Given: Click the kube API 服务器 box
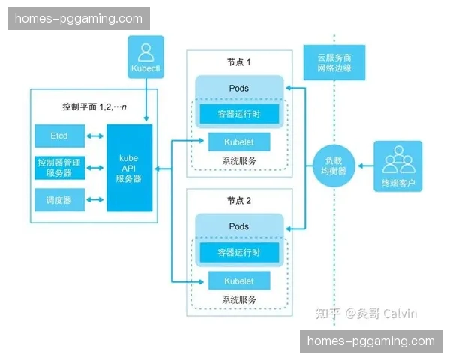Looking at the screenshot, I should coord(130,169).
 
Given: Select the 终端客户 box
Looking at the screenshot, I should coord(397,166).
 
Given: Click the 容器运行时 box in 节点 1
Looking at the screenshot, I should coord(238,114).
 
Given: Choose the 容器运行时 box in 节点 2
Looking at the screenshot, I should coord(238,253).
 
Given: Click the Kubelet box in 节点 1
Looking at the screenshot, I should coord(238,142).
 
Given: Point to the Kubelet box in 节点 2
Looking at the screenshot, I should coord(238,281).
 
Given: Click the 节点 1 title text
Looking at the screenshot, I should coord(238,62).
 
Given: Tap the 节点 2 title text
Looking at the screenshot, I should coord(238,201).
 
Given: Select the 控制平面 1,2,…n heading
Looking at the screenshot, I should coord(94,106).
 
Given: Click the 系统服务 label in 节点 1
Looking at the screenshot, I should coord(238,160).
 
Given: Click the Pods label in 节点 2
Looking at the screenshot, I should coord(238,226).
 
